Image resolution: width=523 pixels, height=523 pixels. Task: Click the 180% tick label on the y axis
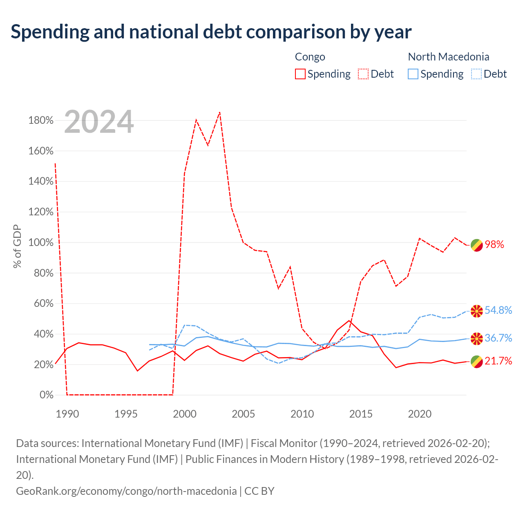point(41,120)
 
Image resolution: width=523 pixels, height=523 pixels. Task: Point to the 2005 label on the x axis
point(243,414)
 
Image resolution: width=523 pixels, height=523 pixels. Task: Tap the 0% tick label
point(47,395)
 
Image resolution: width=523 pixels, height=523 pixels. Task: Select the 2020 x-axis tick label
point(420,414)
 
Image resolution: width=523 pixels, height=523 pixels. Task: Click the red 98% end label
point(494,244)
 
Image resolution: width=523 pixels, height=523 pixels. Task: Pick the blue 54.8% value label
point(498,310)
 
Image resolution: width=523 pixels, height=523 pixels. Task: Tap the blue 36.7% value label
point(498,338)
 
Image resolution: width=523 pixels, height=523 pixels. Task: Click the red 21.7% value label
point(498,361)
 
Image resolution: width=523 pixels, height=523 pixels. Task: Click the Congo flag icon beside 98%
point(476,245)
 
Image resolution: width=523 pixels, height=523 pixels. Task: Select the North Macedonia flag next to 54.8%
point(476,311)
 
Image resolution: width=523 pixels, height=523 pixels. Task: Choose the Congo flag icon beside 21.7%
point(476,362)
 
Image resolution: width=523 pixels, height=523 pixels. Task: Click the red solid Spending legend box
point(300,74)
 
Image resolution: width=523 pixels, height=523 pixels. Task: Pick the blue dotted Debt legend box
point(476,74)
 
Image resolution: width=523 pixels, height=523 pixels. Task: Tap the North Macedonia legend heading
point(449,57)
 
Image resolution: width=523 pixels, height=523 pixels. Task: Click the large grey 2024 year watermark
point(99,122)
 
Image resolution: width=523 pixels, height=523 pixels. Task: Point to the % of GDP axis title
point(17,246)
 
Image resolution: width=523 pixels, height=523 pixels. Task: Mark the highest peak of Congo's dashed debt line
point(219,112)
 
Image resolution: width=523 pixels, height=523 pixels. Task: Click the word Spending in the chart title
point(50,32)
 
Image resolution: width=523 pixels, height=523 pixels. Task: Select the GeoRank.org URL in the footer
point(126,491)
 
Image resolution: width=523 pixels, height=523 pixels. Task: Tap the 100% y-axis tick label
point(41,242)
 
